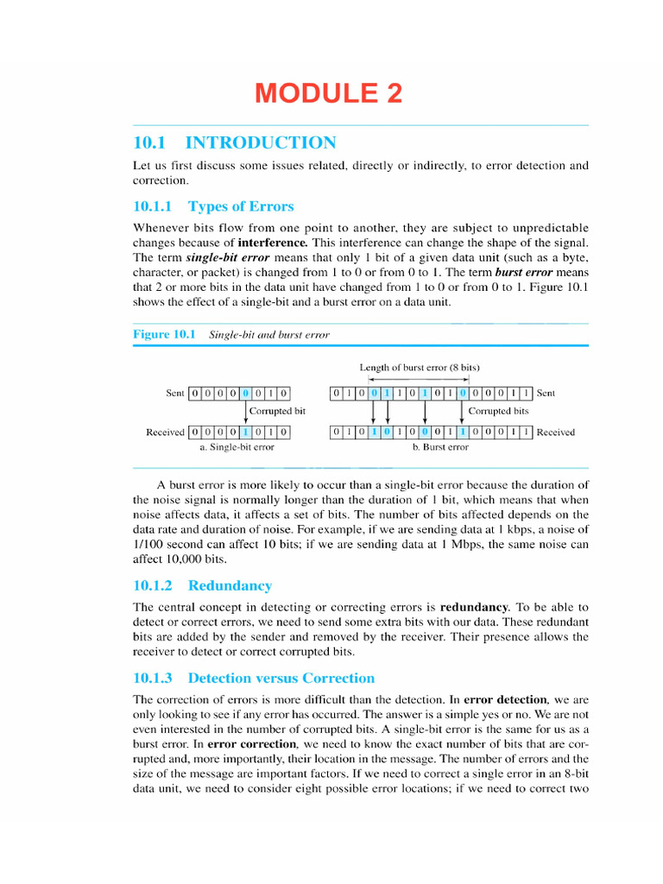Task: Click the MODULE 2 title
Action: (x=328, y=93)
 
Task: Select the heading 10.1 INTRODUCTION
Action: (x=234, y=143)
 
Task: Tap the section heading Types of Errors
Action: (x=240, y=206)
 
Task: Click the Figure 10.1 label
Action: (x=165, y=334)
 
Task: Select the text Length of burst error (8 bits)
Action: (x=420, y=367)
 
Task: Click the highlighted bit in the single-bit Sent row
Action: (x=246, y=394)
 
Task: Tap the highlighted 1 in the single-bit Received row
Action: (x=246, y=433)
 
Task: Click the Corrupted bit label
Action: (x=277, y=412)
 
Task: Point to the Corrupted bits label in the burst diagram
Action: (x=498, y=412)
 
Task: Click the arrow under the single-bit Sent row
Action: (x=246, y=413)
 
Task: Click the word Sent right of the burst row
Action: (x=546, y=394)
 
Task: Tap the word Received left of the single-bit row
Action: (x=165, y=433)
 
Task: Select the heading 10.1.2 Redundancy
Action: (x=203, y=585)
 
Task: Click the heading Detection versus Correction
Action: (x=281, y=678)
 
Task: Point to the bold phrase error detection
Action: (x=505, y=699)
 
